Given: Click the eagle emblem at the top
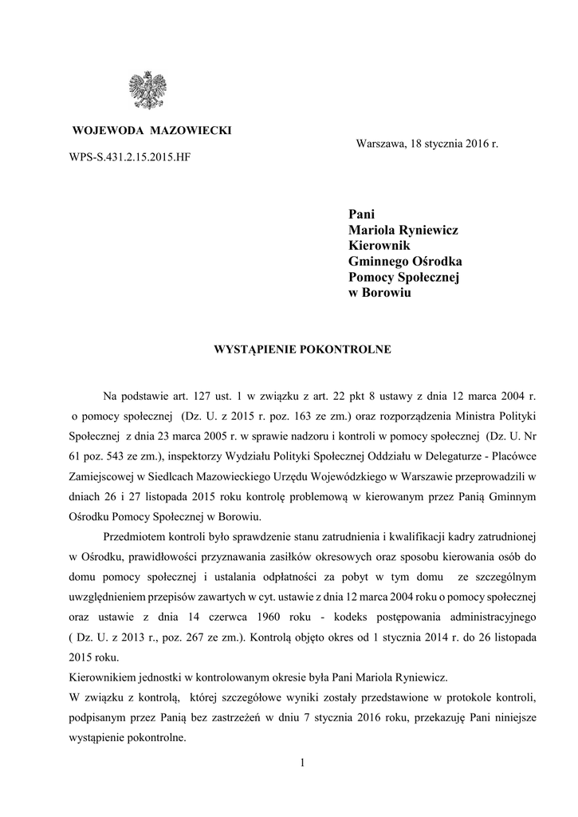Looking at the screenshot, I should (x=149, y=89).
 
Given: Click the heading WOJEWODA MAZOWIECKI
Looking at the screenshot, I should (x=152, y=130).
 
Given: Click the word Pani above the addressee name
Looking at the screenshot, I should (x=361, y=213).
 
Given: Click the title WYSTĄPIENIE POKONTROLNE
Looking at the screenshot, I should (x=300, y=349).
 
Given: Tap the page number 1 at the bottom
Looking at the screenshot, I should (x=303, y=764).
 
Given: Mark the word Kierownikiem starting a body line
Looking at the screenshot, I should (x=103, y=677).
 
